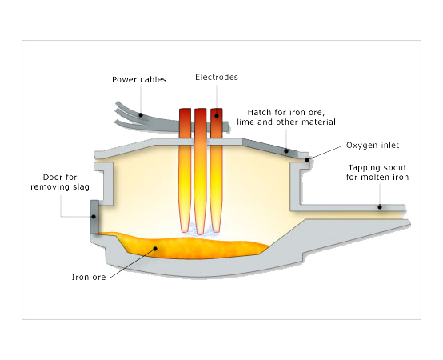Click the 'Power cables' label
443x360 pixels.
(x=139, y=80)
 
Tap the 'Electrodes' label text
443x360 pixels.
(x=217, y=77)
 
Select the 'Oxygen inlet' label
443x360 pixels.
(x=373, y=146)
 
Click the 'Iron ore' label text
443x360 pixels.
(x=89, y=278)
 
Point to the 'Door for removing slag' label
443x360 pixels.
(x=60, y=182)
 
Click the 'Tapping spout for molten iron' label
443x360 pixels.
(x=377, y=172)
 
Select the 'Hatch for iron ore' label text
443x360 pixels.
(x=286, y=113)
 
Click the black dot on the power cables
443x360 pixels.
(x=141, y=115)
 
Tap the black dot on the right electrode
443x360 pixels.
(x=217, y=116)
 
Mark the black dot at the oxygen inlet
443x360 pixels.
(x=307, y=160)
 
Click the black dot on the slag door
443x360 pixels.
(x=94, y=217)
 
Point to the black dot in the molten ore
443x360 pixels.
(x=155, y=249)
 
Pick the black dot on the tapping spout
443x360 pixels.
(x=380, y=207)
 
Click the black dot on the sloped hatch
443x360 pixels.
(x=286, y=151)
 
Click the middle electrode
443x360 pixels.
(x=201, y=171)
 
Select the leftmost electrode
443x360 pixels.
(x=185, y=170)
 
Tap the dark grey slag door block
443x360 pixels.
(x=94, y=217)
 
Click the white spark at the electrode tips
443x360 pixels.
(x=200, y=230)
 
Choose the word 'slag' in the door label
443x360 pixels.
(x=81, y=186)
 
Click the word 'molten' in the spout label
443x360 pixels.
(x=377, y=177)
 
